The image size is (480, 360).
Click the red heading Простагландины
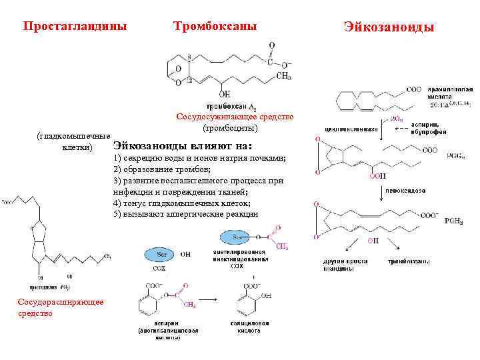(x=74, y=26)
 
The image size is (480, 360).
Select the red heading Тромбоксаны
(x=215, y=26)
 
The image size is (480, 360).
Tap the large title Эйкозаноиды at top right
(x=389, y=27)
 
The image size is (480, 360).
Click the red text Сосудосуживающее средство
(x=234, y=117)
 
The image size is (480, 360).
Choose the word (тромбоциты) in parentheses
(x=230, y=127)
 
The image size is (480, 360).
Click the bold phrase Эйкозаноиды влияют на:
(x=183, y=145)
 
